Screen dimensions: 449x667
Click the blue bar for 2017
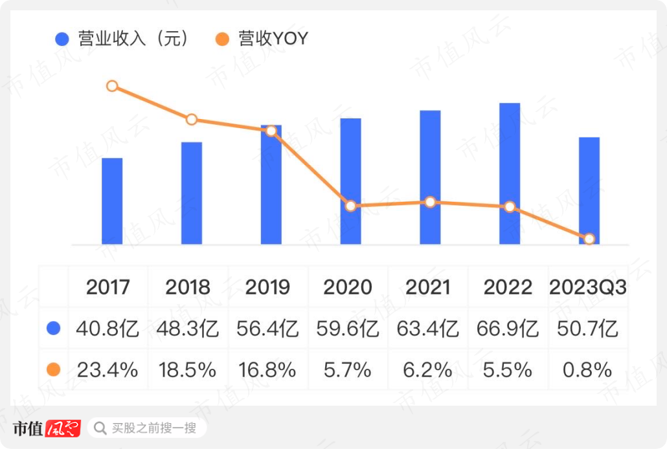tap(112, 201)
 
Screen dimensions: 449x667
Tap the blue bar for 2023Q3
tap(589, 191)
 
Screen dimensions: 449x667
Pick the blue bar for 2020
tap(350, 181)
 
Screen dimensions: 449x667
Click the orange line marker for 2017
tap(112, 86)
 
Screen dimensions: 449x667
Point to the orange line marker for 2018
tap(191, 120)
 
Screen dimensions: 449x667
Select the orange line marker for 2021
tap(430, 202)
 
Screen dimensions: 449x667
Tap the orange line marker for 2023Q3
tap(589, 239)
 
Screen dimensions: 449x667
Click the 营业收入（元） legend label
tap(133, 39)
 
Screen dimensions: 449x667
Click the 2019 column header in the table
tap(267, 287)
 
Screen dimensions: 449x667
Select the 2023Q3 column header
tap(588, 287)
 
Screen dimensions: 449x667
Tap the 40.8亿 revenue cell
tap(107, 329)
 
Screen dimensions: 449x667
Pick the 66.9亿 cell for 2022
tap(508, 329)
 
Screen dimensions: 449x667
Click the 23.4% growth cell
tap(107, 370)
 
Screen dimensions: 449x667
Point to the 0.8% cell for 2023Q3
tap(587, 370)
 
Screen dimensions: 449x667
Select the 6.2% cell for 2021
tap(427, 370)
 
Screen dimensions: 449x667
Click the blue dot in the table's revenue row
tap(54, 329)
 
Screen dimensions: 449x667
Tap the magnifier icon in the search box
tap(100, 428)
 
